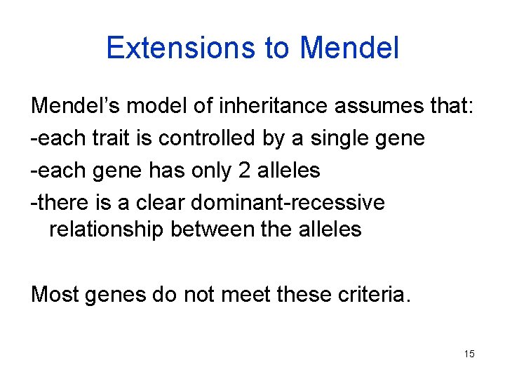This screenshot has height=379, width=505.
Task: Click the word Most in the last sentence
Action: tap(54, 294)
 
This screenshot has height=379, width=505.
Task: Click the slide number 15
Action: tap(469, 354)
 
